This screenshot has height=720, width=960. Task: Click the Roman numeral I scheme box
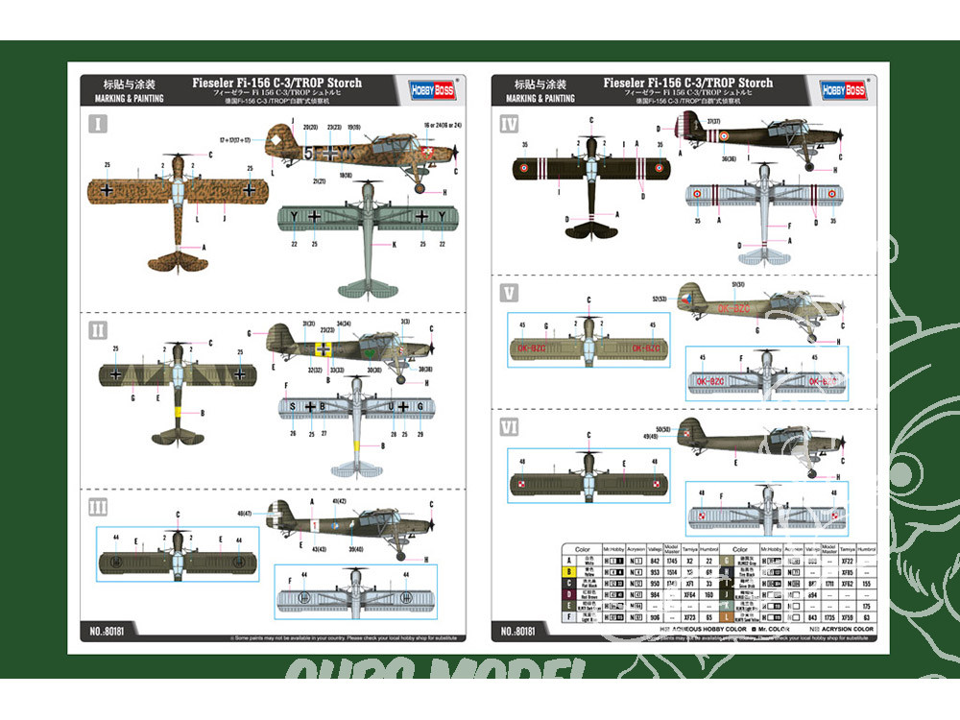(x=98, y=123)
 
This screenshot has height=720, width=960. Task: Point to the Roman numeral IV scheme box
(x=509, y=123)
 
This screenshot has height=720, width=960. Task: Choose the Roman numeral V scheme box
(x=509, y=292)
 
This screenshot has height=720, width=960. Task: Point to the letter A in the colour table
(x=569, y=559)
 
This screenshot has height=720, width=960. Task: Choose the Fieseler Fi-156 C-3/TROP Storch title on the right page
(x=688, y=83)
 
